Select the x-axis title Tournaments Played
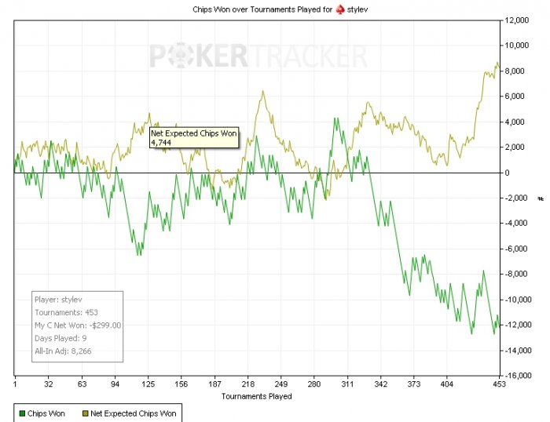(256, 397)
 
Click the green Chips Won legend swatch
(22, 412)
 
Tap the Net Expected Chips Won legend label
(133, 412)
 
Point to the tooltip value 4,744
(160, 142)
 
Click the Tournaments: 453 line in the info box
(65, 312)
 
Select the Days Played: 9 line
(60, 338)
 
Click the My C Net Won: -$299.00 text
(77, 325)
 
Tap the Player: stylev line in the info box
(63, 300)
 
